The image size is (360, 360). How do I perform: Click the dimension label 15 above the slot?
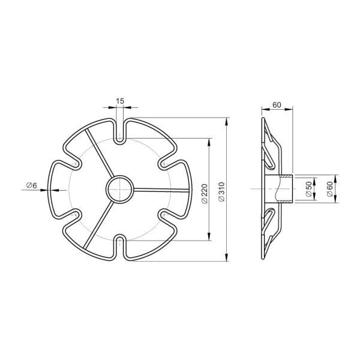(x=120, y=101)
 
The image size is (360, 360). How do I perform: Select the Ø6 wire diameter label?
(x=31, y=185)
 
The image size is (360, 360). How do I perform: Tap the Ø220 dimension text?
(x=204, y=194)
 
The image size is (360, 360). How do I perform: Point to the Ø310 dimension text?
(x=221, y=192)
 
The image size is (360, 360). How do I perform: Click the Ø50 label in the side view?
(x=309, y=189)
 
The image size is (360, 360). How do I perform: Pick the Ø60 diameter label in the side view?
(x=329, y=189)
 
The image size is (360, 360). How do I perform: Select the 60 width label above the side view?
(x=277, y=105)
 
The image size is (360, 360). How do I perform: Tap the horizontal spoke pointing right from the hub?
(x=161, y=190)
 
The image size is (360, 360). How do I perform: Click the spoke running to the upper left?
(x=100, y=153)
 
